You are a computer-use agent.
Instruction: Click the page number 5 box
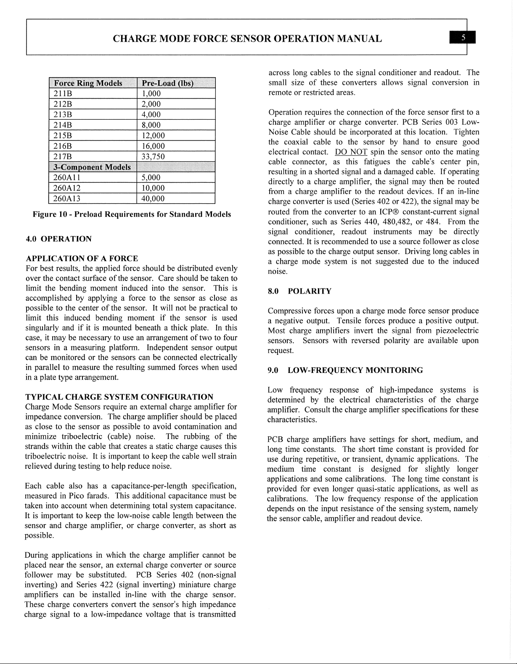click(462, 38)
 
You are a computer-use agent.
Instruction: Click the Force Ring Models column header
click(88, 83)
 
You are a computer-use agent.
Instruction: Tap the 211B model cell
click(61, 94)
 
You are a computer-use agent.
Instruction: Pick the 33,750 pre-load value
click(153, 157)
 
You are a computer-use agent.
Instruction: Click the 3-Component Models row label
click(92, 167)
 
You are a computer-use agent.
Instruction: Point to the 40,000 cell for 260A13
click(153, 199)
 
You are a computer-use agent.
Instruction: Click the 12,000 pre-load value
click(153, 136)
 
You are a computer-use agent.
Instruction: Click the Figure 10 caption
click(132, 214)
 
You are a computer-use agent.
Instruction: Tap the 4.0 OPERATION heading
click(58, 239)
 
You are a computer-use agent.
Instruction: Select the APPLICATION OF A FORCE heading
click(82, 258)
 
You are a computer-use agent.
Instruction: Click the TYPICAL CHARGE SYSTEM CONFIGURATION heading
click(119, 397)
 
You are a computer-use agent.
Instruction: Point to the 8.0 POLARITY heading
click(300, 291)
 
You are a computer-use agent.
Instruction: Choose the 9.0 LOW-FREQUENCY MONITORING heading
click(345, 370)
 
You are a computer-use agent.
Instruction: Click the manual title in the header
click(247, 39)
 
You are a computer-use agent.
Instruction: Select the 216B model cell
click(61, 146)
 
